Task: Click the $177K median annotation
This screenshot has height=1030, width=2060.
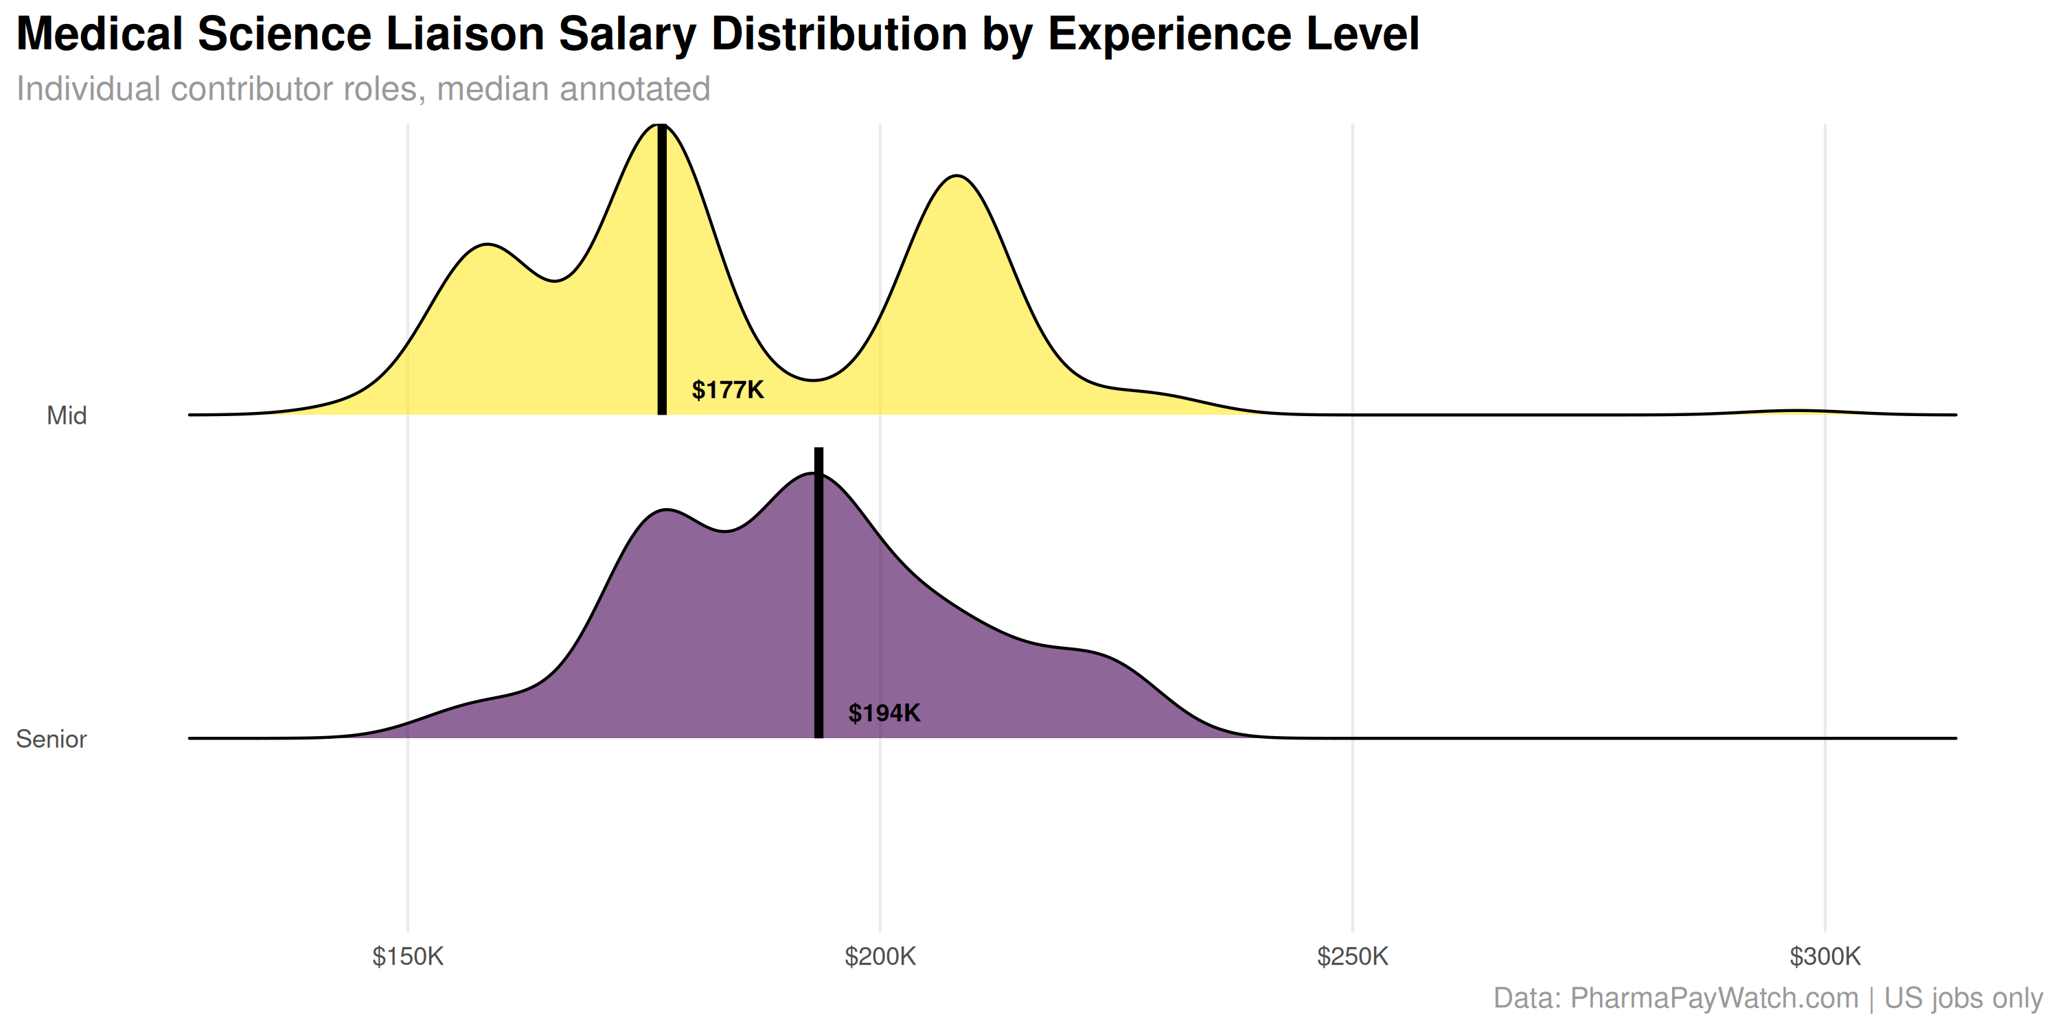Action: [727, 390]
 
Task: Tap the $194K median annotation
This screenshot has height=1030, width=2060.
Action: [884, 713]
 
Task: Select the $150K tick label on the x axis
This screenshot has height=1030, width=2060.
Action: [408, 957]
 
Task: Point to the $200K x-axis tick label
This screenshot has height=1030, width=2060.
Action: [880, 957]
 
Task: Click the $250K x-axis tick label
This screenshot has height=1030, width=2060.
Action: [1352, 957]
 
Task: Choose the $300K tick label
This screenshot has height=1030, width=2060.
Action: [1825, 957]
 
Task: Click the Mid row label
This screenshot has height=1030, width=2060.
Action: [67, 416]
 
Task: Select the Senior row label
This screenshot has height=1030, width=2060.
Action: [51, 739]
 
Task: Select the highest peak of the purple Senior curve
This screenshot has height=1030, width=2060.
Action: [813, 475]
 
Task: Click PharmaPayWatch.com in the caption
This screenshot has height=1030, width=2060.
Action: [1714, 998]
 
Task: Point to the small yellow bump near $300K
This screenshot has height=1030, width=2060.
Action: [1796, 411]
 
